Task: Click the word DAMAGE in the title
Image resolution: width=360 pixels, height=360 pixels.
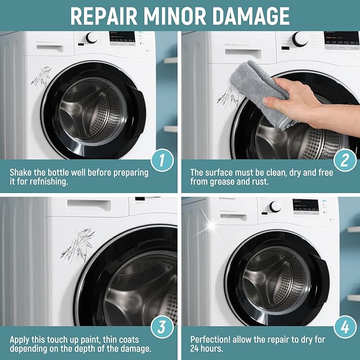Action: [x=251, y=16]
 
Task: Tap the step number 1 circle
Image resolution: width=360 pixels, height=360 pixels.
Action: [x=162, y=160]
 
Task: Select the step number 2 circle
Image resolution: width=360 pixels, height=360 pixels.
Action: [x=345, y=160]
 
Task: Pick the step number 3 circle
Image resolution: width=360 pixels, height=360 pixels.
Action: [x=162, y=327]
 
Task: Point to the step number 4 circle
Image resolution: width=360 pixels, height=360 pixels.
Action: [x=345, y=327]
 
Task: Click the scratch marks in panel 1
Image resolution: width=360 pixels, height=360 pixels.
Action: [x=41, y=76]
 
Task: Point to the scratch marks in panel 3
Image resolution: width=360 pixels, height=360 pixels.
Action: [x=78, y=245]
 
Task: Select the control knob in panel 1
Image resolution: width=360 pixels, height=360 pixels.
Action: [x=92, y=38]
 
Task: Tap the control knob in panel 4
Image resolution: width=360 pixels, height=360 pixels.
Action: [x=275, y=207]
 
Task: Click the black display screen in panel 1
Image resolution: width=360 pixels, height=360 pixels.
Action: [x=122, y=38]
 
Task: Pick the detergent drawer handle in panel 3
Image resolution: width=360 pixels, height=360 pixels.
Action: [x=89, y=205]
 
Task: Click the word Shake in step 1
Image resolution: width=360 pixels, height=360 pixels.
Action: [x=20, y=172]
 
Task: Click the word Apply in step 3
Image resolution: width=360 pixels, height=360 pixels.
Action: [x=19, y=340]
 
